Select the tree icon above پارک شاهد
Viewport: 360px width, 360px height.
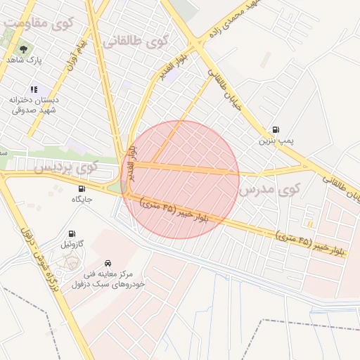tap(23, 49)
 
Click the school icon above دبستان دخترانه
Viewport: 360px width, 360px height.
tap(34, 89)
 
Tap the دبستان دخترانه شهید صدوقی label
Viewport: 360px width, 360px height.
tap(33, 105)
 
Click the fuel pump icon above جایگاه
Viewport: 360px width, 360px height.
tap(82, 188)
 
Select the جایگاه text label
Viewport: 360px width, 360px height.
tap(82, 200)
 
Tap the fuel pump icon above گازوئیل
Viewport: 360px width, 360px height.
tap(72, 233)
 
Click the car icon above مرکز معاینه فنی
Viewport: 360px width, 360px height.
tap(107, 261)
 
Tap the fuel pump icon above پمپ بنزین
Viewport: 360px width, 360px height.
tap(275, 130)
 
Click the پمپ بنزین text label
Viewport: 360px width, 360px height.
tap(276, 141)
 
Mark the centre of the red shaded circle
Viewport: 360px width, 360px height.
tap(181, 179)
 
